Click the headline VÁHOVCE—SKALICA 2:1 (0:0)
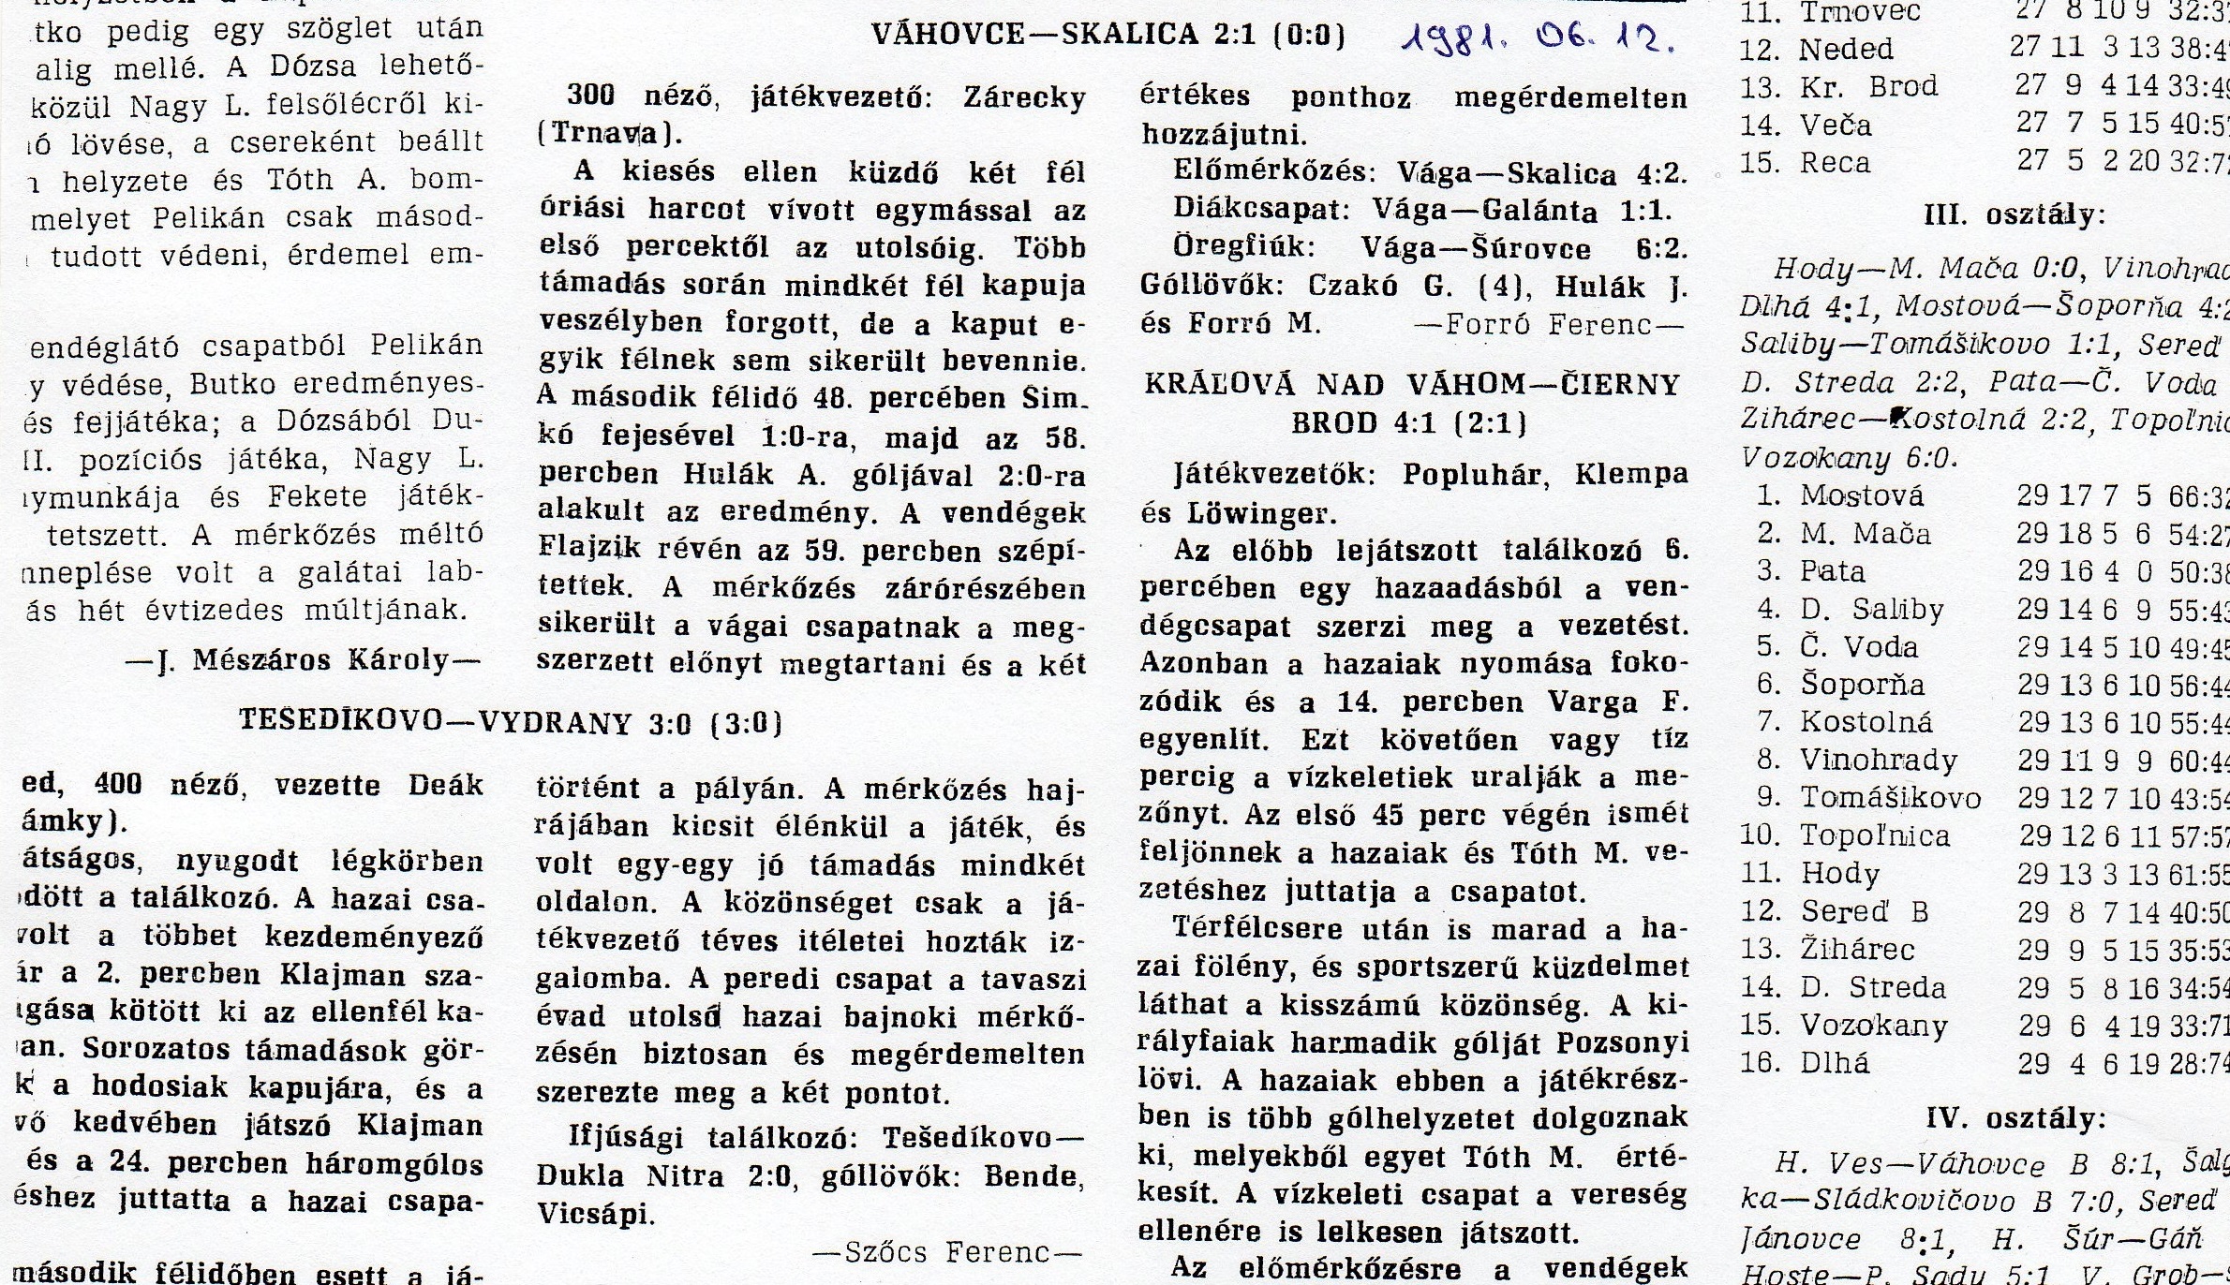click(x=1108, y=36)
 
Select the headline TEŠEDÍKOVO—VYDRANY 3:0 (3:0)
click(x=511, y=721)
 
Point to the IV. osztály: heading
click(x=2015, y=1118)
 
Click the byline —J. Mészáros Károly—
click(x=303, y=661)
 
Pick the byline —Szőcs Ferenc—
click(x=947, y=1252)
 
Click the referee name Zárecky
click(x=1024, y=98)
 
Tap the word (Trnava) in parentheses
click(x=610, y=134)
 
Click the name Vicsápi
click(x=593, y=1215)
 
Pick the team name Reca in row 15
click(x=1835, y=163)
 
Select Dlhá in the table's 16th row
click(x=1834, y=1064)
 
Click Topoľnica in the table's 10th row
click(x=1875, y=835)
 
